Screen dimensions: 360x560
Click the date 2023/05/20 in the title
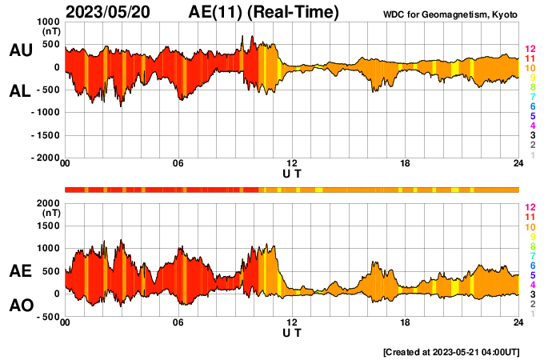(111, 13)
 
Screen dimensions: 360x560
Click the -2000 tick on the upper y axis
(44, 158)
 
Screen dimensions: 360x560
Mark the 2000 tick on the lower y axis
(47, 204)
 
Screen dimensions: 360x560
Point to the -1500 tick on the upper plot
(44, 135)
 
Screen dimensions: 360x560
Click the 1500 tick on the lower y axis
(47, 226)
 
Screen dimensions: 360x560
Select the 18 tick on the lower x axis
(406, 322)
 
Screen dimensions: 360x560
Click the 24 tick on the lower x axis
(518, 322)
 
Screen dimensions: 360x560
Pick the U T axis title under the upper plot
(292, 174)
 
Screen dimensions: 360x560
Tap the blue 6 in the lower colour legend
(530, 265)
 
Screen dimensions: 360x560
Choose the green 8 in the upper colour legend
(530, 87)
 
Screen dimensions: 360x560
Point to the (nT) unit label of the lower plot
(51, 214)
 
